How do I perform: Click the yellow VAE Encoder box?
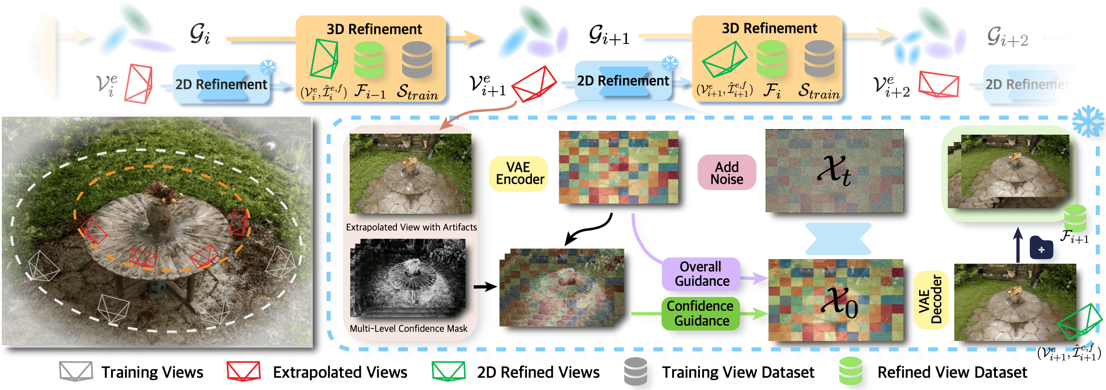tap(519, 173)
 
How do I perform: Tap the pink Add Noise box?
tap(727, 173)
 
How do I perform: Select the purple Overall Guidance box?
tap(701, 274)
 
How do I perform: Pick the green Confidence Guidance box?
tap(700, 313)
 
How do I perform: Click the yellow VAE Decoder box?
tap(931, 300)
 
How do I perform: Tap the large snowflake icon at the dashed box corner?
tap(1088, 121)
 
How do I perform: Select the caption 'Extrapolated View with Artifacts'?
tap(411, 227)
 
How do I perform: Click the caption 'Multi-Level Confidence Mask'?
tap(408, 328)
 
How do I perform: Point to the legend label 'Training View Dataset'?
tap(738, 372)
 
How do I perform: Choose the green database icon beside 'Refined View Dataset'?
tap(850, 371)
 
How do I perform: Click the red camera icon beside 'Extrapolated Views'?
tap(243, 371)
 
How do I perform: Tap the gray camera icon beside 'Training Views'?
tap(76, 371)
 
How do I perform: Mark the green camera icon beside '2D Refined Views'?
tap(448, 371)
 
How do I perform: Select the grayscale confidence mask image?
tap(408, 278)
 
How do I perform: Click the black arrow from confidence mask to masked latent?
tap(485, 287)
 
